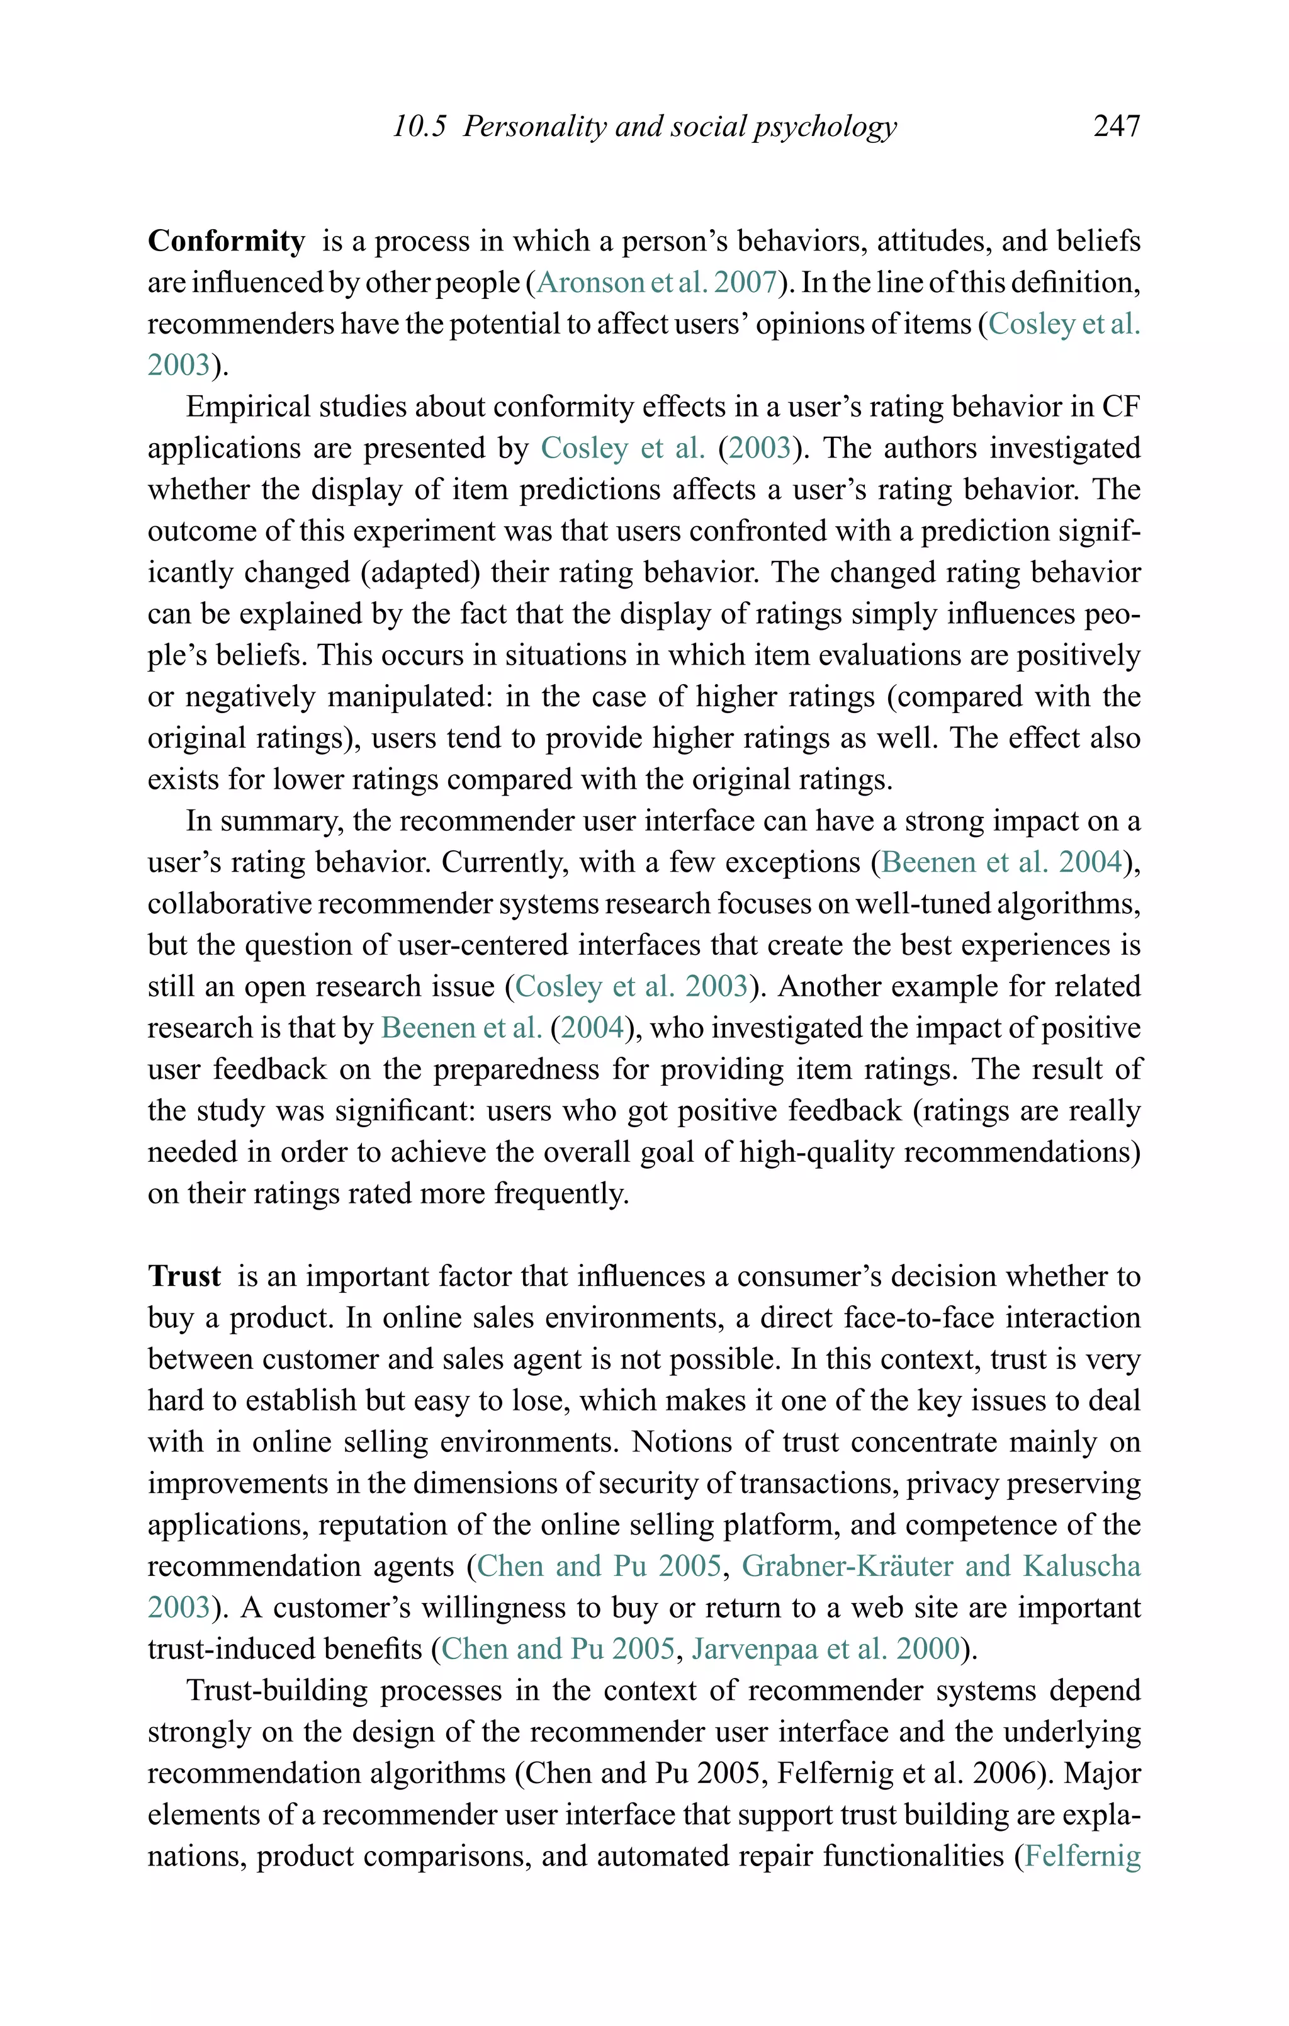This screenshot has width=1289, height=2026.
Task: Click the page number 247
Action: pos(1116,127)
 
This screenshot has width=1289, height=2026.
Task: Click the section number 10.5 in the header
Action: pos(419,127)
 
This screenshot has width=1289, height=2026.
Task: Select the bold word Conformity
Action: pos(227,242)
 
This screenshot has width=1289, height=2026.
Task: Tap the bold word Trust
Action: pos(184,1276)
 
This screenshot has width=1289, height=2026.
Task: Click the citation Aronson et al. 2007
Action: pos(657,283)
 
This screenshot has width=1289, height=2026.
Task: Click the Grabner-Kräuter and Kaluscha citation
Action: pos(940,1566)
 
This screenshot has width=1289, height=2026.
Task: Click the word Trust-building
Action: pos(277,1691)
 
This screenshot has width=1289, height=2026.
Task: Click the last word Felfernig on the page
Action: pos(1082,1855)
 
